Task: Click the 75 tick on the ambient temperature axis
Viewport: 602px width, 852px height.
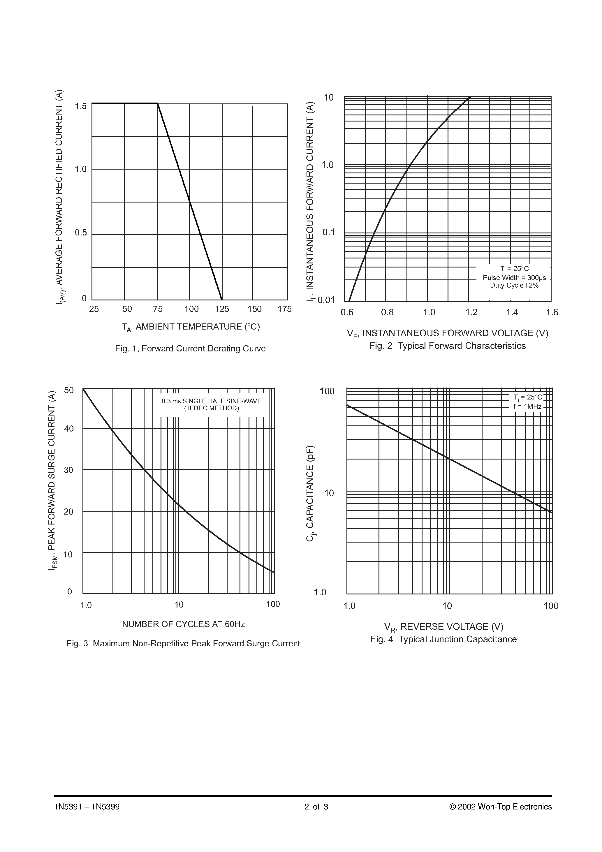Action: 157,309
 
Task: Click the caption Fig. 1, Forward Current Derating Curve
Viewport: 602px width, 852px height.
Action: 190,349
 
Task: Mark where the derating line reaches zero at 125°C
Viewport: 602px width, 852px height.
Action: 222,300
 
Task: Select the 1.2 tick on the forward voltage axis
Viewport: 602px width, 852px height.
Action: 471,312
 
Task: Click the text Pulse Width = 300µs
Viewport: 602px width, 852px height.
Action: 514,278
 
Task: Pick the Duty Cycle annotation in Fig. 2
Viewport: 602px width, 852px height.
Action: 514,285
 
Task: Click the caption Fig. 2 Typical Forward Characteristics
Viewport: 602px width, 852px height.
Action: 447,346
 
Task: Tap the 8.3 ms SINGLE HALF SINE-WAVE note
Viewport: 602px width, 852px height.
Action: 211,401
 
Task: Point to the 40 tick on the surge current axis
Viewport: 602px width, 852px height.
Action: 69,429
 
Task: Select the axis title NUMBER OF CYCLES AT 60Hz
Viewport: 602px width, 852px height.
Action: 183,624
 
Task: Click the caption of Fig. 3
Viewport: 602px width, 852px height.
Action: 183,643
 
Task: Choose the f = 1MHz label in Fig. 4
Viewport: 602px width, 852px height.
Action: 527,407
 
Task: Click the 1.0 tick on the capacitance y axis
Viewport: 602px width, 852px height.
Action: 320,592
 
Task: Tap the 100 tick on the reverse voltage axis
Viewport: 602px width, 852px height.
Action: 551,606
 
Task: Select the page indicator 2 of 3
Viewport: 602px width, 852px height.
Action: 316,807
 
